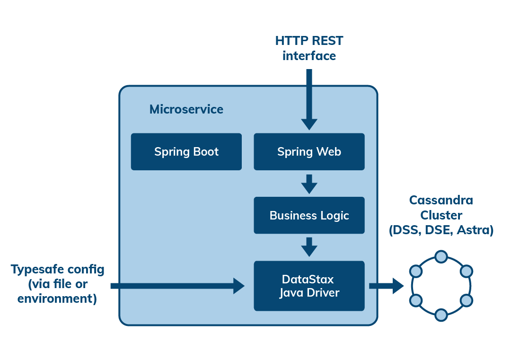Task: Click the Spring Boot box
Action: (186, 152)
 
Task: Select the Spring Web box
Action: (309, 152)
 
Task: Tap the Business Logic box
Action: (309, 216)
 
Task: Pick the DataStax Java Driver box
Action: (309, 286)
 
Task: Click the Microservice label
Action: (186, 109)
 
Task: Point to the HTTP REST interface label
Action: (309, 48)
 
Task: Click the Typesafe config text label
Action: (57, 284)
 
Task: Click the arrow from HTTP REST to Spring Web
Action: (309, 99)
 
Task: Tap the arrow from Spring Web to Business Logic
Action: (309, 184)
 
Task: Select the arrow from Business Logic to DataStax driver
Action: (309, 247)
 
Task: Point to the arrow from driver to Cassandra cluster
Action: (386, 286)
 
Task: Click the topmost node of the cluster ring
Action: (441, 256)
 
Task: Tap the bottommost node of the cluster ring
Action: (441, 315)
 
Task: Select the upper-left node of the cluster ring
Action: (416, 271)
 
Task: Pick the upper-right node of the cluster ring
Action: (467, 271)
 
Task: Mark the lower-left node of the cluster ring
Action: (416, 300)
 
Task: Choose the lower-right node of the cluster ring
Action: (467, 300)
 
